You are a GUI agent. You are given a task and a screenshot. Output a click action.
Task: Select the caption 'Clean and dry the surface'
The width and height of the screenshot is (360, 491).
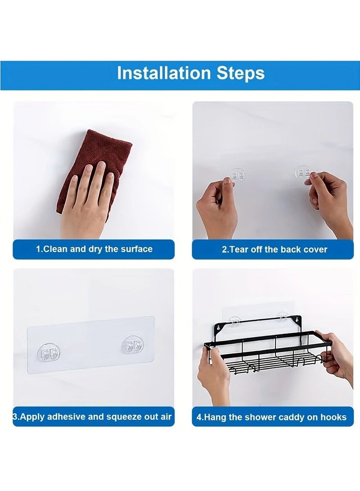click(x=94, y=249)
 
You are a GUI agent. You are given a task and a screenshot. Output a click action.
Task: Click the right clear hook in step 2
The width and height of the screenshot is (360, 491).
click(x=303, y=173)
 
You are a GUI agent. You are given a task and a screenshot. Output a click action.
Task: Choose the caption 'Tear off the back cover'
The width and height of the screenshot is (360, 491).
click(x=274, y=249)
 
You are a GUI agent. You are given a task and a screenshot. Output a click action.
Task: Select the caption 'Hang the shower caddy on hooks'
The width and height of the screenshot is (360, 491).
click(x=271, y=417)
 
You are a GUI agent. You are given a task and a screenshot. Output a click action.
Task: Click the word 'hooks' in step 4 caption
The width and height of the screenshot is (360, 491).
click(x=333, y=417)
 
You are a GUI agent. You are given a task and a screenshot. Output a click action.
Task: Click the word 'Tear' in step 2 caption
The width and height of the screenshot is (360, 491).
click(x=238, y=249)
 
